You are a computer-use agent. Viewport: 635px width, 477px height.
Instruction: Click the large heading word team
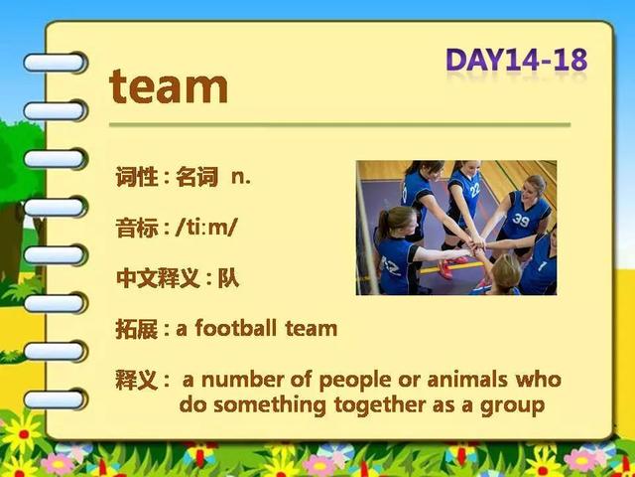click(x=169, y=86)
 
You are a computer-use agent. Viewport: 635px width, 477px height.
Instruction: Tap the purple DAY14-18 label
click(x=516, y=60)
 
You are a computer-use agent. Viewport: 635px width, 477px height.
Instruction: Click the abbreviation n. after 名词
click(x=241, y=177)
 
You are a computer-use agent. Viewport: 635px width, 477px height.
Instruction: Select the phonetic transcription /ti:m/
click(x=205, y=228)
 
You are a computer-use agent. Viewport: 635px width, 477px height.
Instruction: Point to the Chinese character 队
click(x=228, y=278)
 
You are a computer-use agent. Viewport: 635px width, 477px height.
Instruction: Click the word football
click(x=236, y=328)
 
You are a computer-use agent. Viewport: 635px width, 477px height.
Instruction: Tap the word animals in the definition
click(x=467, y=380)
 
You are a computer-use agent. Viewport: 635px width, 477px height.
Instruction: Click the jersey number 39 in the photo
click(x=521, y=220)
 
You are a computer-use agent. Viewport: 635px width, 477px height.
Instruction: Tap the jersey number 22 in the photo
click(x=474, y=190)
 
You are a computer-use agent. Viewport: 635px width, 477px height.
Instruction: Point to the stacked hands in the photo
click(x=477, y=246)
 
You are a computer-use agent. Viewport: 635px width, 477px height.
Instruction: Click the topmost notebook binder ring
click(x=56, y=63)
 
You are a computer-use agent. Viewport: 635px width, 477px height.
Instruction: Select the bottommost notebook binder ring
click(x=56, y=399)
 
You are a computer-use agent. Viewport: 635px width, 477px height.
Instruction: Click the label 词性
click(x=137, y=177)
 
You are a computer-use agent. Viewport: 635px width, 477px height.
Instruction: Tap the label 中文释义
click(x=158, y=278)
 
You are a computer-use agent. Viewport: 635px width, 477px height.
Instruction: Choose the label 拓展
click(x=137, y=329)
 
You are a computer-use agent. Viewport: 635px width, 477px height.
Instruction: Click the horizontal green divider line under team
click(x=339, y=125)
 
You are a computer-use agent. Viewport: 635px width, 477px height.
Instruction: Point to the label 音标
click(x=137, y=228)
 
